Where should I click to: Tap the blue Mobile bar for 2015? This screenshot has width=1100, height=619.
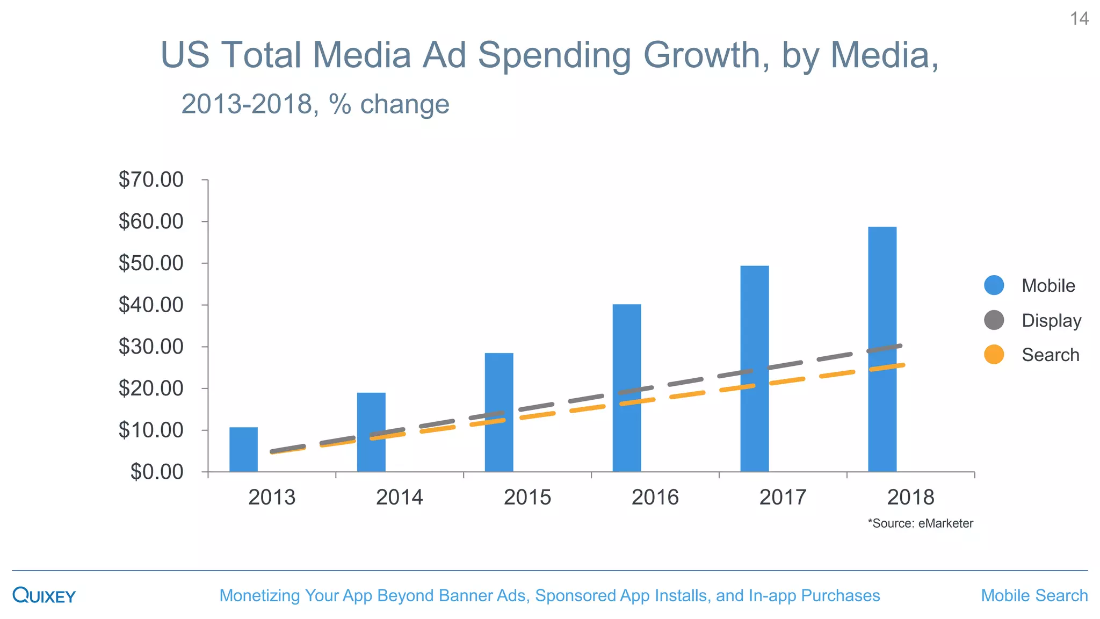tap(499, 387)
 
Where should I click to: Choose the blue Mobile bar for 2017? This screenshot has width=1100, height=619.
tap(754, 322)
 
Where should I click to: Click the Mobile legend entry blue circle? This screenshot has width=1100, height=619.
tap(994, 285)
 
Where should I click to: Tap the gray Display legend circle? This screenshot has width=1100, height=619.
tap(994, 320)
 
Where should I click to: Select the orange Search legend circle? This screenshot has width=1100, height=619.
tap(994, 355)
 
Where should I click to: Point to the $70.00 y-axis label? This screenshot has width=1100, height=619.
tap(151, 179)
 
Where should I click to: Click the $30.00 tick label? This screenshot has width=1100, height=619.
tap(151, 347)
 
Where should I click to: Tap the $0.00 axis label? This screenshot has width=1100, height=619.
tap(157, 472)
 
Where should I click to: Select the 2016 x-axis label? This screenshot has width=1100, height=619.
tap(655, 497)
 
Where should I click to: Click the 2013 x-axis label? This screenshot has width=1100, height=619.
tap(272, 497)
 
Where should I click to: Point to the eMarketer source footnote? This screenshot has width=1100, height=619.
tap(920, 523)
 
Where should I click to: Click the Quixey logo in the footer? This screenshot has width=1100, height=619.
tap(44, 595)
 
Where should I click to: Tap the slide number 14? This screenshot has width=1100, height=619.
tap(1079, 19)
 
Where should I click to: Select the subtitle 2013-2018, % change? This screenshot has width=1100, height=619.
tap(315, 104)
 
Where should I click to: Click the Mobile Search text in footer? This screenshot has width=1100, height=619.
tap(1034, 595)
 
